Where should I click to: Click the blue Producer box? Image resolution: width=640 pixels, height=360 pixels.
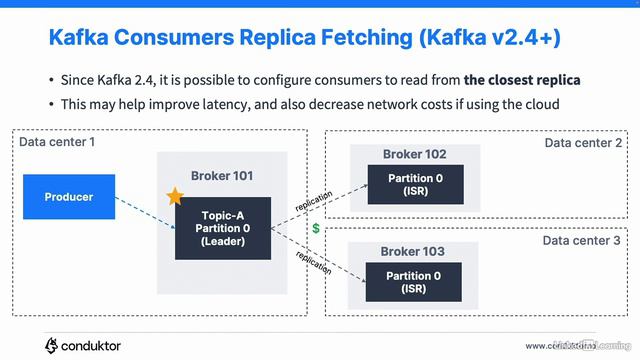click(x=68, y=197)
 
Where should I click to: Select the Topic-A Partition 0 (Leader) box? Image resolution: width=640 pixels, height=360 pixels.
click(x=222, y=227)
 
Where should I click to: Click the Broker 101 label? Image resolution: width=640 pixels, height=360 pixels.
click(x=222, y=175)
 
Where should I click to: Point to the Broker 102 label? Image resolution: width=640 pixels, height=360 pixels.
click(x=414, y=154)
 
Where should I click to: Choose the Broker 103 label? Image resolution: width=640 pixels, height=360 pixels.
click(x=414, y=251)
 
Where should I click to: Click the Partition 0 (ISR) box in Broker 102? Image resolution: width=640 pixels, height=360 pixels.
click(x=414, y=184)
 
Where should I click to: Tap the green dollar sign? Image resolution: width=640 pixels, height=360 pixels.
click(x=316, y=229)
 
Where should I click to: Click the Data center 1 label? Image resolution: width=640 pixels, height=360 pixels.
click(x=58, y=142)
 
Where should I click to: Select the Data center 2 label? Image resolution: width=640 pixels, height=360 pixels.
click(x=582, y=143)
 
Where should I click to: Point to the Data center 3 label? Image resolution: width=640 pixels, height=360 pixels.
click(x=582, y=241)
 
